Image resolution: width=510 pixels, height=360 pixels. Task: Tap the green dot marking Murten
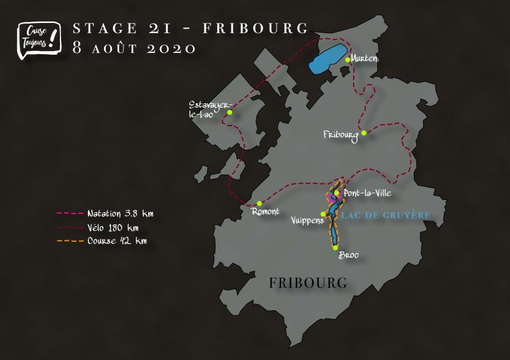click(x=347, y=60)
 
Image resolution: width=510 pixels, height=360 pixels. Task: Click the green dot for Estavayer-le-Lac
click(x=229, y=113)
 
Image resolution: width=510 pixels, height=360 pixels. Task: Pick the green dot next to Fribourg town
click(x=363, y=133)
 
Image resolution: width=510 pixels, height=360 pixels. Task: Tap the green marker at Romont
click(x=259, y=203)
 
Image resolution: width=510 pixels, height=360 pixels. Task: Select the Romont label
click(x=265, y=212)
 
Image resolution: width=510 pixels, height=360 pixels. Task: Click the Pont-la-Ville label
click(x=367, y=193)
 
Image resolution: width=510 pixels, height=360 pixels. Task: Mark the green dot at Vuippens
click(x=323, y=214)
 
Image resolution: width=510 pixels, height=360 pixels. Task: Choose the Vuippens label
click(x=307, y=220)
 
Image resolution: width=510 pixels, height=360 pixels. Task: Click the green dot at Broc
click(x=335, y=247)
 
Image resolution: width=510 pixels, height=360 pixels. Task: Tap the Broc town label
click(x=348, y=255)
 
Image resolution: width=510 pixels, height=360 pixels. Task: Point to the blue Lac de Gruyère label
click(x=386, y=215)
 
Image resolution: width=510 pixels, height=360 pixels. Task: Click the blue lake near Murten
click(x=328, y=57)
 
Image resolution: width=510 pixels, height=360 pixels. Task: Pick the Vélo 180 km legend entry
click(x=102, y=227)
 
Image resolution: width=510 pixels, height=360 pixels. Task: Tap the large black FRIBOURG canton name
click(x=309, y=282)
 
